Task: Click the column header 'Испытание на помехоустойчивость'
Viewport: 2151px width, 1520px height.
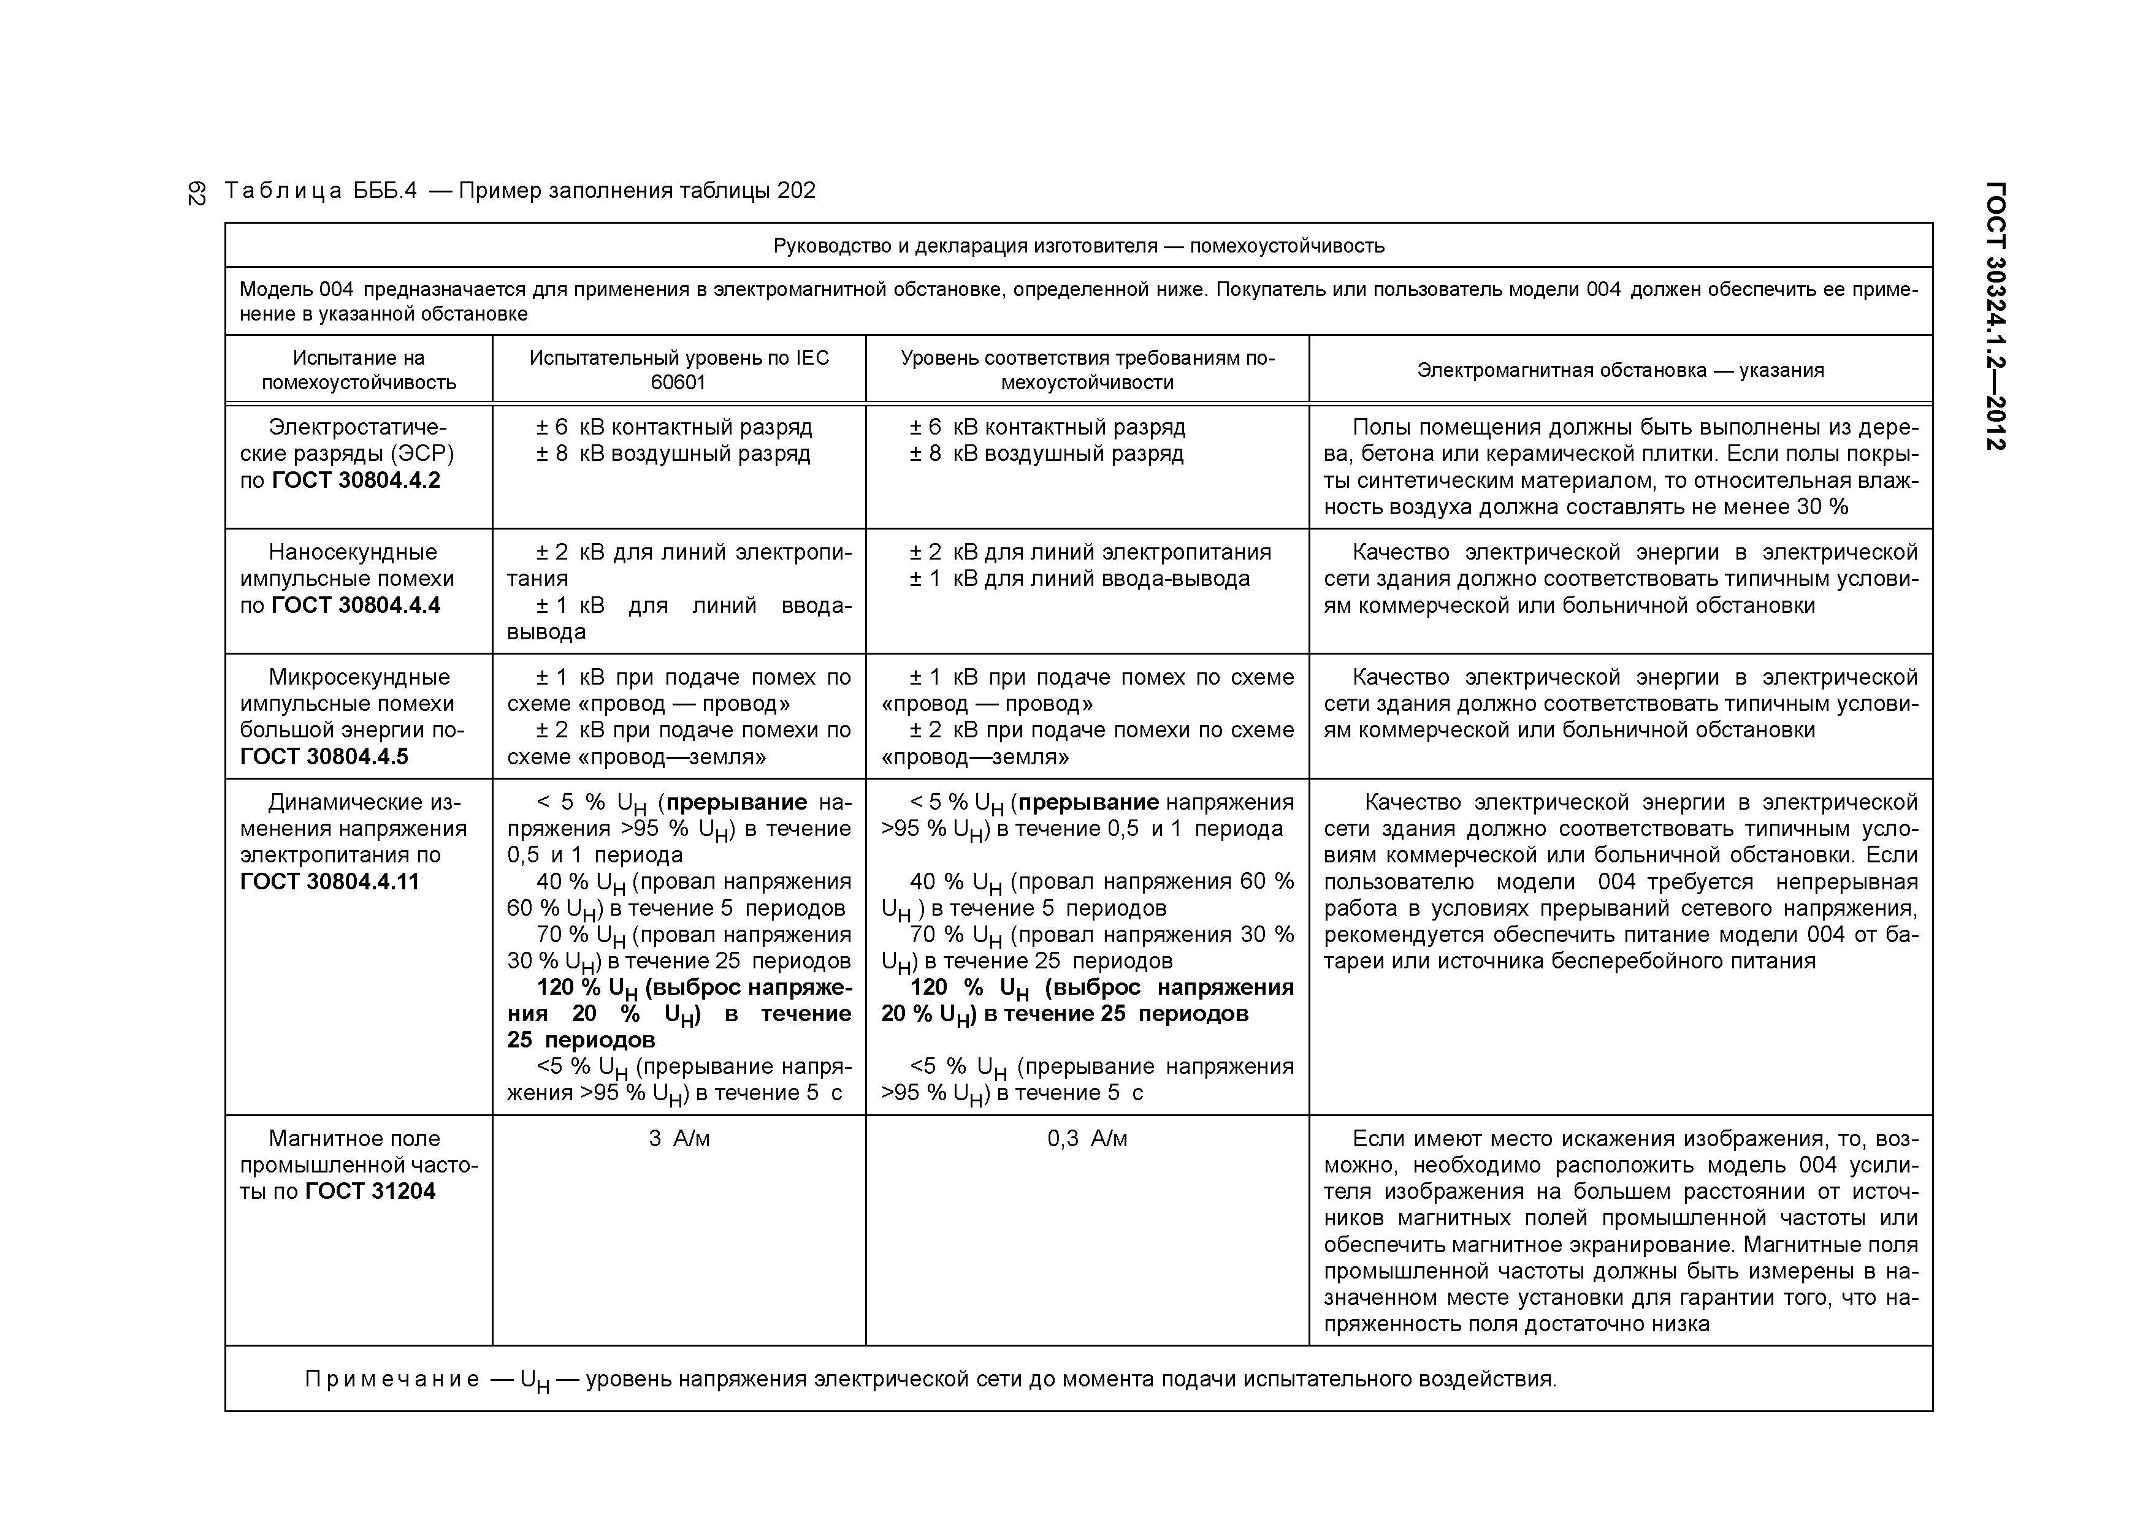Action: click(359, 370)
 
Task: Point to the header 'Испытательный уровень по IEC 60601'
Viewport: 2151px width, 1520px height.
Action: click(679, 370)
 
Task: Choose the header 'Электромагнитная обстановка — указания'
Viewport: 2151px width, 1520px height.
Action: click(1620, 370)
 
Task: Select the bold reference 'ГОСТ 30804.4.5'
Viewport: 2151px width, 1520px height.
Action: click(324, 757)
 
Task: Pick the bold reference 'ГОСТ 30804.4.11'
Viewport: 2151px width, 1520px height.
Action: click(330, 881)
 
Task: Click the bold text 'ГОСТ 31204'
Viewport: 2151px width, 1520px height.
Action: click(370, 1191)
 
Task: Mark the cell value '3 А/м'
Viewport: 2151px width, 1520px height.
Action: click(679, 1139)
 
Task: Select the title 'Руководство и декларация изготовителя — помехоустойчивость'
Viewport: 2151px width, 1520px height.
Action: click(1079, 246)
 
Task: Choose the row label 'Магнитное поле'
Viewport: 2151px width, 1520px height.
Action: click(354, 1139)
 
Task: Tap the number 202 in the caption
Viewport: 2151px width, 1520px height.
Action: click(797, 191)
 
